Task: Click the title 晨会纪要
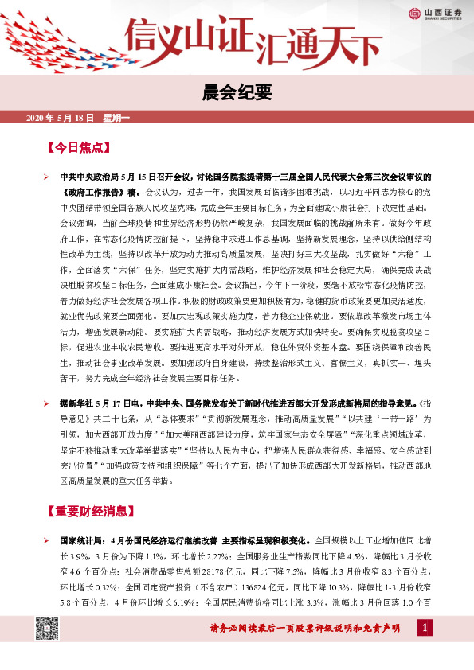click(237, 93)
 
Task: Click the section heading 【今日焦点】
click(78, 148)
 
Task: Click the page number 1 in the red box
click(425, 629)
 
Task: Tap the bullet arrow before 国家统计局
click(47, 540)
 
